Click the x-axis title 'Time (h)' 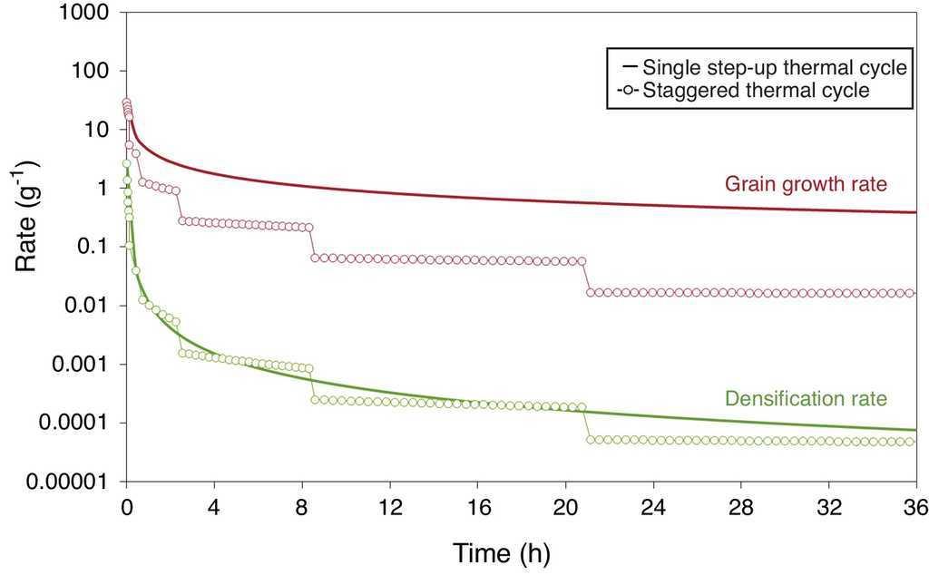[x=502, y=551]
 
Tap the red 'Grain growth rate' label [x=806, y=184]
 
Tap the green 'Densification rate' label [x=806, y=398]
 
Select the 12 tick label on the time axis [x=390, y=505]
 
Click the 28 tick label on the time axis [x=740, y=505]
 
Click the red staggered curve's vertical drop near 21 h [x=586, y=277]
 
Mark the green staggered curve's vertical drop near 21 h [x=586, y=424]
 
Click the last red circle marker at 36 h [x=913, y=293]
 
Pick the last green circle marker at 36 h [x=913, y=442]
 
